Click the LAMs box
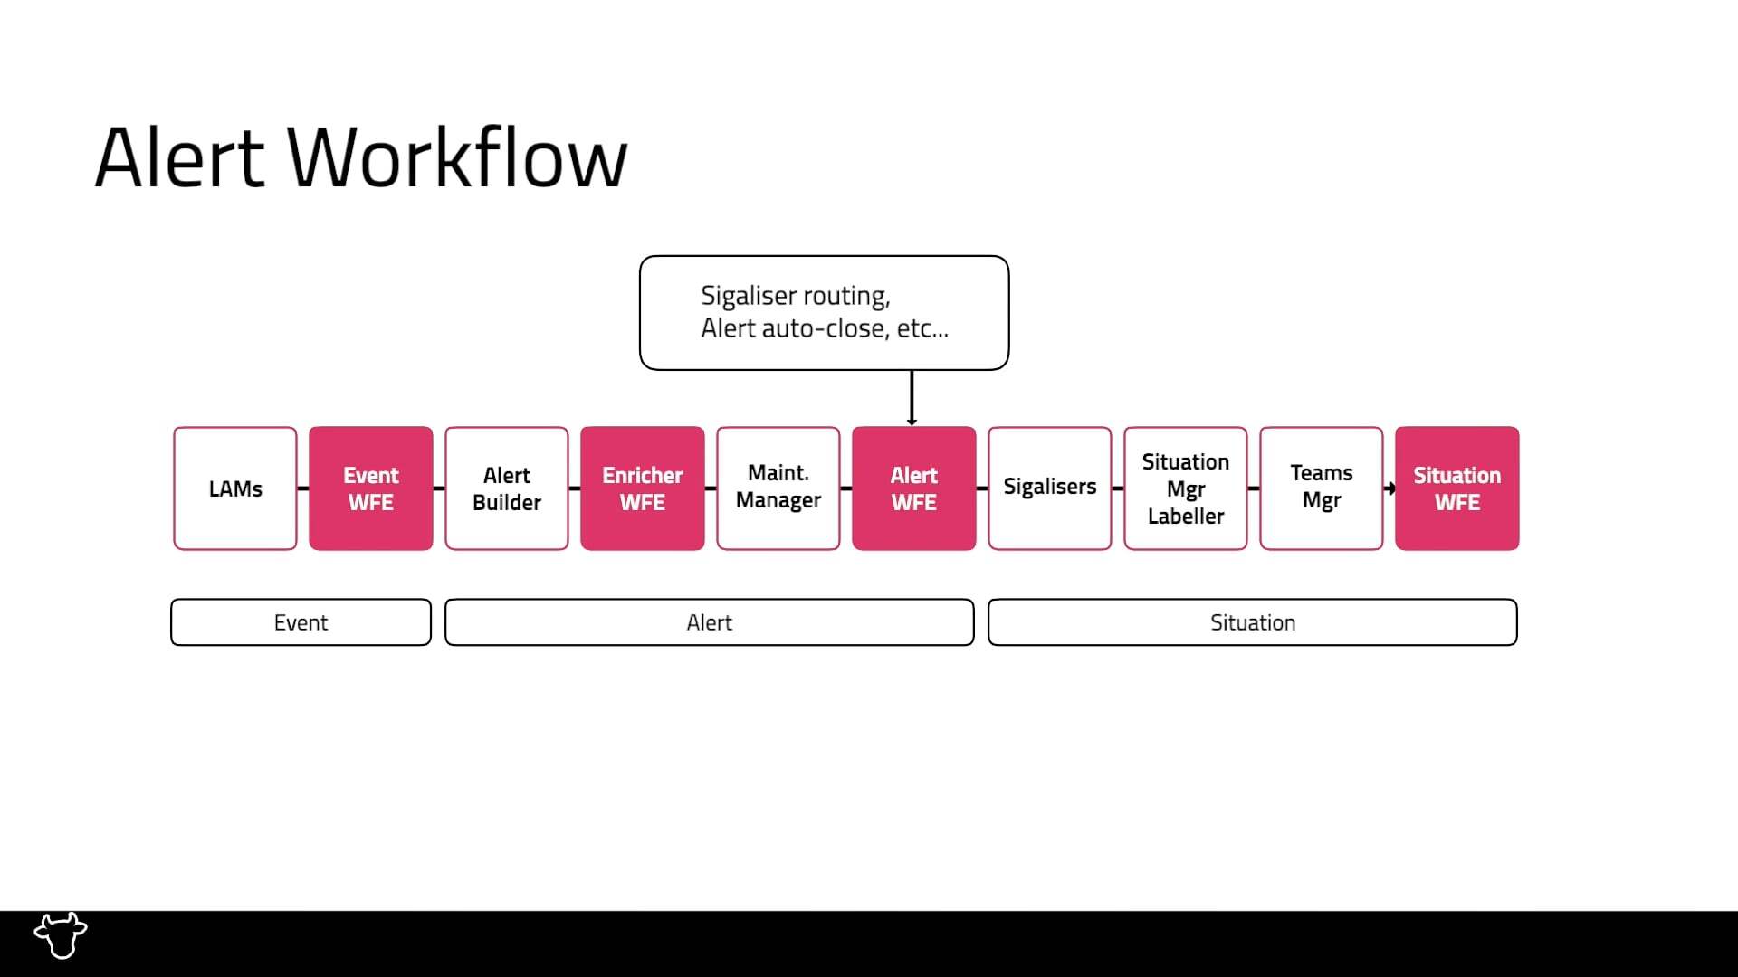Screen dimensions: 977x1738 tap(235, 488)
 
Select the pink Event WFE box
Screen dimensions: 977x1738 tap(371, 488)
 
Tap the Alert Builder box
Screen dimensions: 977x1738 tap(507, 488)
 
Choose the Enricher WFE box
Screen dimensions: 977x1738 tap(643, 488)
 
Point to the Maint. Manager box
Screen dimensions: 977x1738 tap(778, 488)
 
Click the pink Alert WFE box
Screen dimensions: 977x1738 tap(914, 488)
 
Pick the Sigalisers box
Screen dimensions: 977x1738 tap(1050, 488)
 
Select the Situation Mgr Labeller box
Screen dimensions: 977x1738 tap(1186, 488)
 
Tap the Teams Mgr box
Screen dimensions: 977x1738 tap(1322, 488)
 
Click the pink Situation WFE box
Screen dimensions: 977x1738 tap(1457, 488)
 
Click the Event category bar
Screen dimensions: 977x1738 tap(301, 622)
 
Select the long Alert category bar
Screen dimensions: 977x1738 tap(710, 622)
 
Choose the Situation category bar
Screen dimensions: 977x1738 tap(1253, 622)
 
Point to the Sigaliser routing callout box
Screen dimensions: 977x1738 tap(824, 312)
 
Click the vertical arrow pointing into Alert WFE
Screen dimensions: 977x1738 tap(912, 398)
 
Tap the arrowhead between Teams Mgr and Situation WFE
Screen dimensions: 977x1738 tap(1389, 488)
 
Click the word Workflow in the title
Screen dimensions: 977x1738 tap(457, 158)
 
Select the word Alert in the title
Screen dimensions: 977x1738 tap(179, 158)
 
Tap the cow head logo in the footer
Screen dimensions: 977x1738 tap(61, 934)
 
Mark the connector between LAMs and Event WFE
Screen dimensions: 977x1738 tap(303, 488)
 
